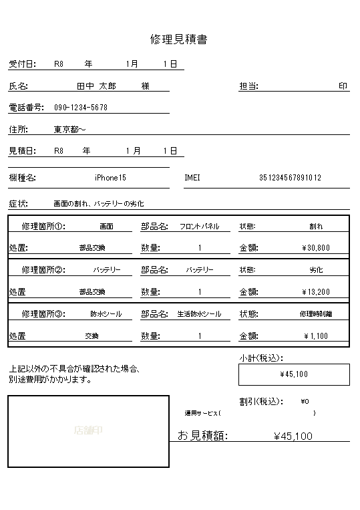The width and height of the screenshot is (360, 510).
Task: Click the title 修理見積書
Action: (179, 39)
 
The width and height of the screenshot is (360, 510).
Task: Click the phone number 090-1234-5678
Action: (81, 108)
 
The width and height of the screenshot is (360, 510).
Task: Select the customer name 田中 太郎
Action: (97, 86)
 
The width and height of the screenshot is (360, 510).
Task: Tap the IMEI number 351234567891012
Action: (290, 178)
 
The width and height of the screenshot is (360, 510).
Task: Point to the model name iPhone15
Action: (110, 178)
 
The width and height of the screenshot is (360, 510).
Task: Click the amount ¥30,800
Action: (316, 248)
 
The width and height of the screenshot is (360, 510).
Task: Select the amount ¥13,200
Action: (316, 292)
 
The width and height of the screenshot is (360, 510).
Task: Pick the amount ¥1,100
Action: (316, 336)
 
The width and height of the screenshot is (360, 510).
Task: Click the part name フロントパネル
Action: (199, 227)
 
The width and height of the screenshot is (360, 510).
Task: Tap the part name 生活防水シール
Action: (199, 314)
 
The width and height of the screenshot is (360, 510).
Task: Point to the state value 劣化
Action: (316, 270)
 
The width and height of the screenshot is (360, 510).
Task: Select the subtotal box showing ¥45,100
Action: (294, 374)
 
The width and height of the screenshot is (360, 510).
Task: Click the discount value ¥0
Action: (305, 402)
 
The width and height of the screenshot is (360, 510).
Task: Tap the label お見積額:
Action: (202, 436)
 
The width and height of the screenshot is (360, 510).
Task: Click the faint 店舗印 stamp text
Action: (88, 431)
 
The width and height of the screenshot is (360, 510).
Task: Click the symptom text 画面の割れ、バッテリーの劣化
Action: (98, 203)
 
